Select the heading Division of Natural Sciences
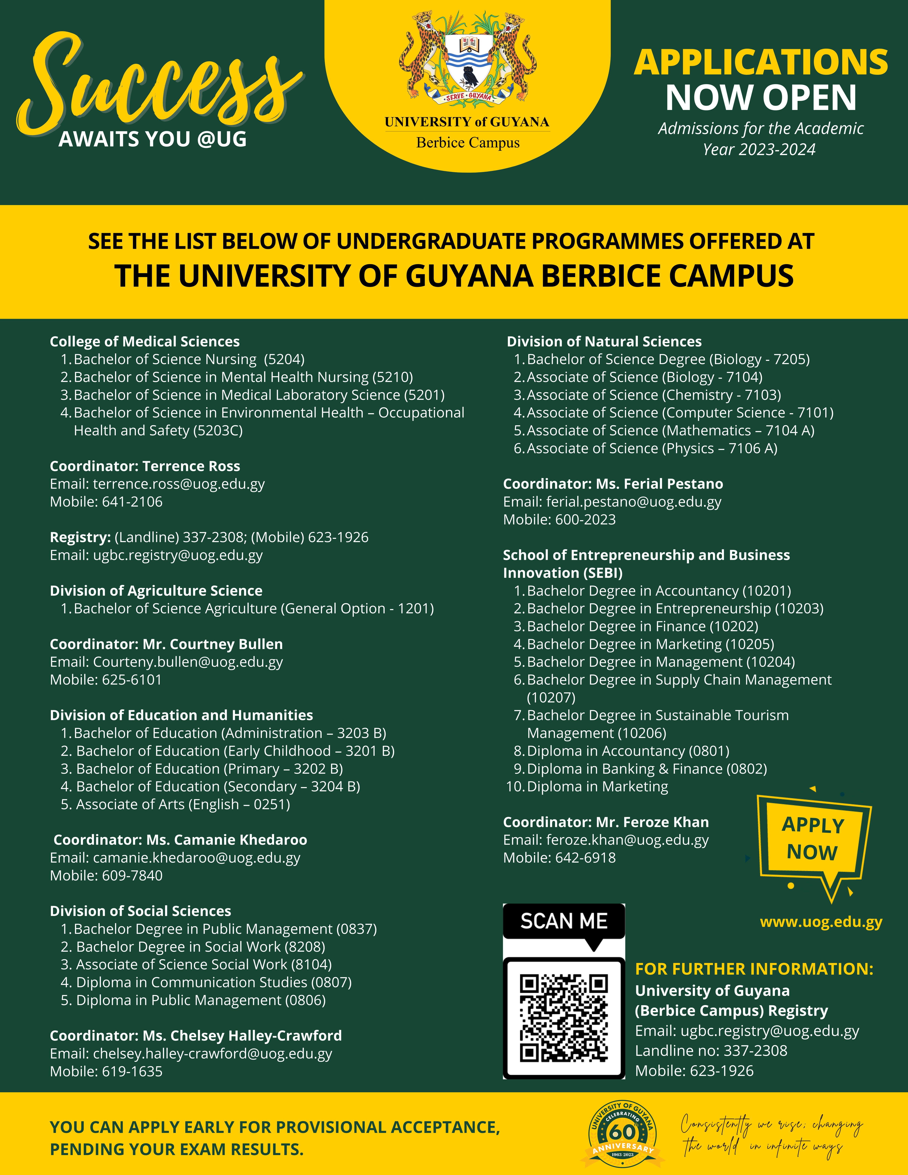click(604, 342)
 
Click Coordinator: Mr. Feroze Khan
click(605, 822)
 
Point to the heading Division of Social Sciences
click(140, 911)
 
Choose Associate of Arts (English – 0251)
click(183, 804)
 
